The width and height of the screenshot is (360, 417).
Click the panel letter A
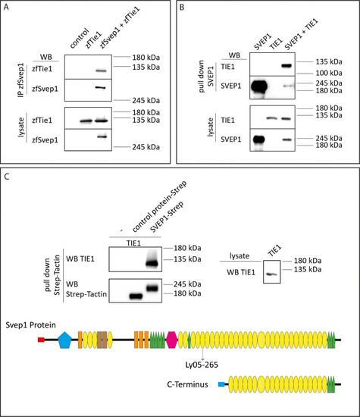point(6,7)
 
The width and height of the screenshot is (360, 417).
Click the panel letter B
point(182,7)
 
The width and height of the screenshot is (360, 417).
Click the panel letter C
point(7,177)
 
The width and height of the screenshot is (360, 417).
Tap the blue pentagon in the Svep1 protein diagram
point(65,340)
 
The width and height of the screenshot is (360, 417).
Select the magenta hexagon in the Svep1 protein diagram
point(172,340)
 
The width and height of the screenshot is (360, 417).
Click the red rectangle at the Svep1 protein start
point(41,340)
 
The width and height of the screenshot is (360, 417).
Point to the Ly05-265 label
point(202,365)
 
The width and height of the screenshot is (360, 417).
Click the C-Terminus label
point(187,384)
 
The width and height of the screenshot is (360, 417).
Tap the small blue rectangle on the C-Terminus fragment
point(221,384)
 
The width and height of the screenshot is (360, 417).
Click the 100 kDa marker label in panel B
point(329,73)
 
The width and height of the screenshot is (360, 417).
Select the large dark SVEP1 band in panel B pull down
point(258,86)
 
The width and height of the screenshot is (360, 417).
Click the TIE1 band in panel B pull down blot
point(286,65)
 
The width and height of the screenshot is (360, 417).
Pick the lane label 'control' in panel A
point(80,39)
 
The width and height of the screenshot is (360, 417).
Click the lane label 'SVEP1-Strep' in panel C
point(167,217)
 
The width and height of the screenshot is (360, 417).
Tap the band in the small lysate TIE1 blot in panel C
point(271,274)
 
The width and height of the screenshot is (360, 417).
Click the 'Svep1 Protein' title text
point(30,325)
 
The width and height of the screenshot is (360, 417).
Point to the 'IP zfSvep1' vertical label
point(21,80)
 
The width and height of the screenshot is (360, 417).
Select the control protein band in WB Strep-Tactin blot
point(136,296)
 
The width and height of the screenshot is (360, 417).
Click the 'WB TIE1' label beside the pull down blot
point(80,259)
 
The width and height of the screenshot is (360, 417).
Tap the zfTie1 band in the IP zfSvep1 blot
point(101,71)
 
